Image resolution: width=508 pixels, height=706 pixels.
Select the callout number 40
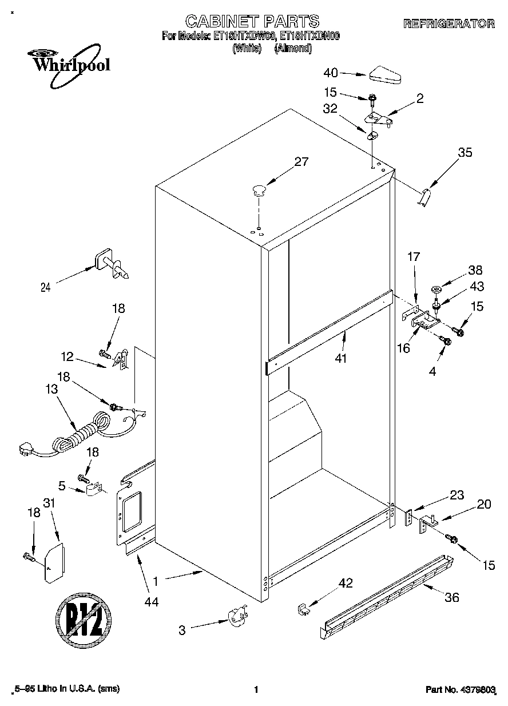tap(331, 73)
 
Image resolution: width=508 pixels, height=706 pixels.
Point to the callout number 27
tap(301, 162)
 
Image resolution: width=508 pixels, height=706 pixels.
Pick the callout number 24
tap(45, 288)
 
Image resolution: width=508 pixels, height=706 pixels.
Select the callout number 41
tap(343, 358)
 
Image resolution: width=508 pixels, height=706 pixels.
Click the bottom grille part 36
tap(389, 595)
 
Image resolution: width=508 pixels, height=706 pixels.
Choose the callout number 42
tap(345, 583)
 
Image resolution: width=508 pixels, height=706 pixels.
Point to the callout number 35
tap(465, 152)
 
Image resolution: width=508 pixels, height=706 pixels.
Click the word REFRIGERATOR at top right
tap(449, 23)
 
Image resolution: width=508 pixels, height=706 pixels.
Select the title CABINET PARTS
tap(252, 21)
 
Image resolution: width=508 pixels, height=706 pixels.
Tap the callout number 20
tap(483, 504)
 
